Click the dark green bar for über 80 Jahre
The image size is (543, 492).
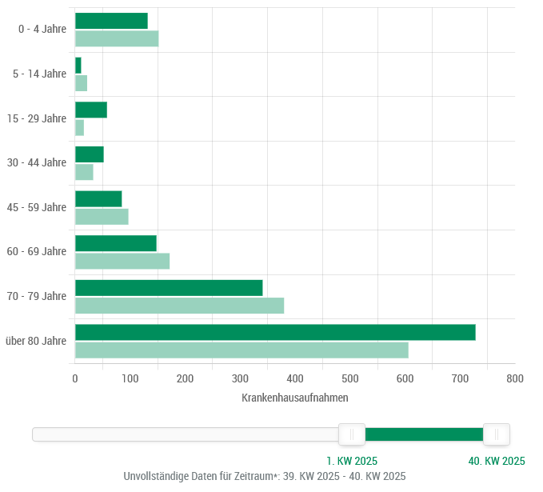tap(275, 332)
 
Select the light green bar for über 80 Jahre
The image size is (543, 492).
tap(242, 350)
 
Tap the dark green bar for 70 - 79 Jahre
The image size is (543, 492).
tap(169, 288)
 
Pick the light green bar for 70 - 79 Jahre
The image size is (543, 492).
tap(179, 306)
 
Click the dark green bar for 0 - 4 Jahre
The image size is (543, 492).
tap(111, 21)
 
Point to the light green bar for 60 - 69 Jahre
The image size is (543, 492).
tap(122, 261)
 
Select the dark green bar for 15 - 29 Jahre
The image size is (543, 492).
tap(90, 110)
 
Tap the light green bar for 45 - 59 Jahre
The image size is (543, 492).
tap(102, 217)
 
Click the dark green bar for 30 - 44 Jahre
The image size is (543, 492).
tap(89, 154)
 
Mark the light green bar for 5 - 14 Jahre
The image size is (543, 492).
tap(81, 83)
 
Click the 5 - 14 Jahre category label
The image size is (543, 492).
tap(40, 74)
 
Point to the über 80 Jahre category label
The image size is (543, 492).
tap(36, 341)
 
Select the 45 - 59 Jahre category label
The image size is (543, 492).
tap(37, 208)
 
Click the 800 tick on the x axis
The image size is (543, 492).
tap(515, 379)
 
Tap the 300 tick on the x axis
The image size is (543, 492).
tap(240, 379)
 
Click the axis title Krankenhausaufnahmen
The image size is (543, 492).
tap(294, 398)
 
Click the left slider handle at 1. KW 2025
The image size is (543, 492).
tap(352, 434)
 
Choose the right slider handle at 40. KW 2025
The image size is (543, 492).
tap(497, 434)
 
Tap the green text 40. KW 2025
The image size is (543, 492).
tap(497, 461)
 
